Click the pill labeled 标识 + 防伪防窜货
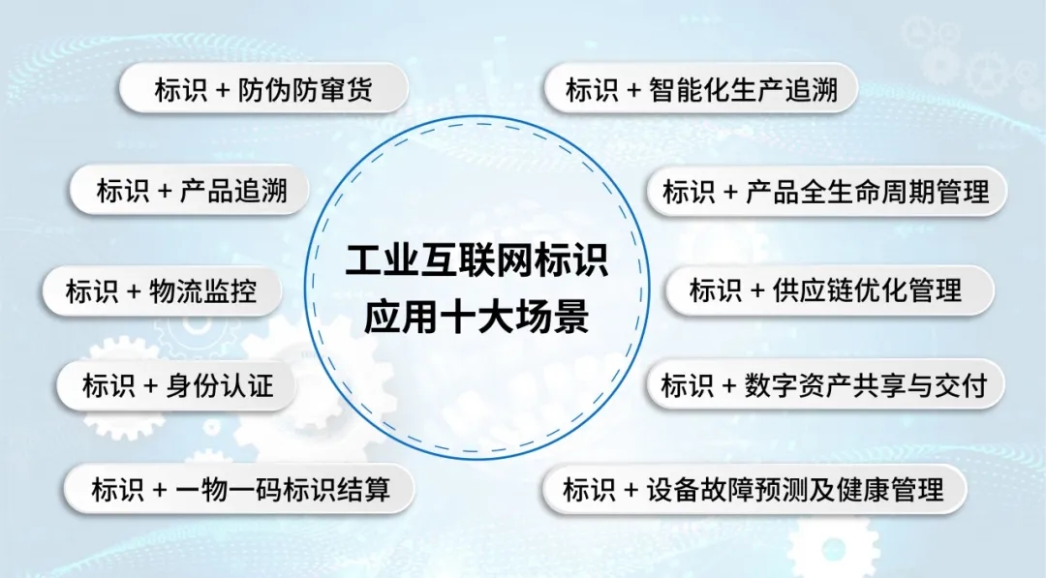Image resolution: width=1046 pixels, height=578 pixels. pos(263,89)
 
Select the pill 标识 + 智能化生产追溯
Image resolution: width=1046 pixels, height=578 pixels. pos(701,89)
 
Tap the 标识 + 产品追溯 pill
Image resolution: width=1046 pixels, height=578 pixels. pos(190,191)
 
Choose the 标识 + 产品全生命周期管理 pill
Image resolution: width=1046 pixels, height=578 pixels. pos(826,192)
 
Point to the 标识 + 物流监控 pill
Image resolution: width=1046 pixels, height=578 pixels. pos(162,291)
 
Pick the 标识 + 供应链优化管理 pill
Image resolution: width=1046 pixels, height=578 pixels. pos(830,290)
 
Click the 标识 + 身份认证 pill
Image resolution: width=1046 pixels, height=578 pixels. pos(177,385)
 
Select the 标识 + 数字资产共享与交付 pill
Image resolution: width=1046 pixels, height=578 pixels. pos(826,384)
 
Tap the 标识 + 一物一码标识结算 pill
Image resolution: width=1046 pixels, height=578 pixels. pos(239,489)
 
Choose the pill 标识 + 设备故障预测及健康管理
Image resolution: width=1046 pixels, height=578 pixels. pos(754,489)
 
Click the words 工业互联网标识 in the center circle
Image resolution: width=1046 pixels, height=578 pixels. pos(477,260)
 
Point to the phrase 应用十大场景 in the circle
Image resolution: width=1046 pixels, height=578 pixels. pos(477,316)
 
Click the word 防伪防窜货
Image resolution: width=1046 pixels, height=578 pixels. pos(305,89)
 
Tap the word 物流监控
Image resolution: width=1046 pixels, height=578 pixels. pos(202,291)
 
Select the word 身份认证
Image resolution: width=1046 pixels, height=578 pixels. pos(220,386)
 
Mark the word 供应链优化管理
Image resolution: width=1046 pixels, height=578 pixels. pos(867,290)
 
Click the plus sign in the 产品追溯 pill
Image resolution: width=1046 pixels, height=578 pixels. pos(165,192)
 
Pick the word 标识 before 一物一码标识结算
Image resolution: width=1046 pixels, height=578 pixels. pos(117,489)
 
